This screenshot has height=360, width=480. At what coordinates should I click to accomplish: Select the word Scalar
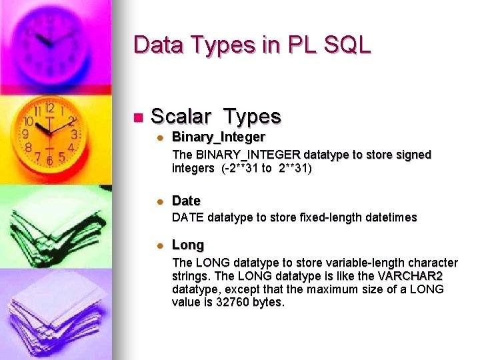181,117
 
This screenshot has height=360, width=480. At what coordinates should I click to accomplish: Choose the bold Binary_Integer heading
218,137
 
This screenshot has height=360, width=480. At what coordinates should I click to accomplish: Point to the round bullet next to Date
160,201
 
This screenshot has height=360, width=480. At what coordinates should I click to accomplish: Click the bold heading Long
188,245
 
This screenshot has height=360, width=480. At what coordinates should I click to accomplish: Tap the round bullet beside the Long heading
160,246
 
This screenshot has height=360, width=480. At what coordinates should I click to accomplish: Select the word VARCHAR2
410,276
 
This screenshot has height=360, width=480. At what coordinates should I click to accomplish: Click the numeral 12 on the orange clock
49,108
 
